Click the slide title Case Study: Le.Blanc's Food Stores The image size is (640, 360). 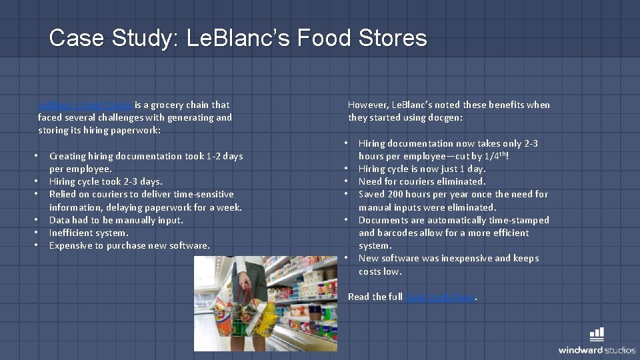[238, 37]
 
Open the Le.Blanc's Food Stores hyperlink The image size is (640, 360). [86, 105]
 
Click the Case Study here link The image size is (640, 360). [440, 297]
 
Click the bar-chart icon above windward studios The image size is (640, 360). [597, 334]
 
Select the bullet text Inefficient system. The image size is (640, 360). [89, 233]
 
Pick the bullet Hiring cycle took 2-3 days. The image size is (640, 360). [105, 181]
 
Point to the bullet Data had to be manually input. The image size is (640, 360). [116, 220]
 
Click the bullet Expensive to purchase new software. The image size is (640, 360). [129, 245]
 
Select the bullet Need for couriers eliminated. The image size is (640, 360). [422, 181]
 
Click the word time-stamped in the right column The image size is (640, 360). [519, 220]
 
